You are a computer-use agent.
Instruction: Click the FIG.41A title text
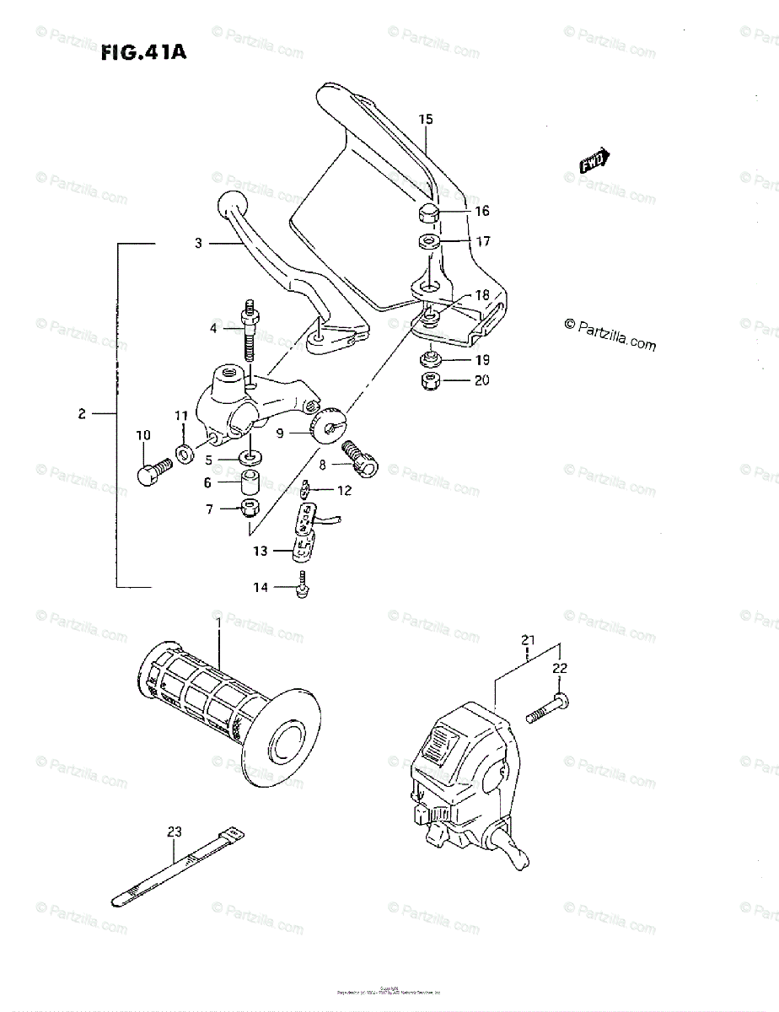point(143,54)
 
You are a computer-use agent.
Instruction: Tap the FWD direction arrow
point(595,161)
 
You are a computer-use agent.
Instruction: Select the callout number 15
point(425,120)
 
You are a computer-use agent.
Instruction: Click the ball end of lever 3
point(232,205)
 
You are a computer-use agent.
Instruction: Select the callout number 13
point(260,551)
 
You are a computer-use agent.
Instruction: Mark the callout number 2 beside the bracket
point(82,414)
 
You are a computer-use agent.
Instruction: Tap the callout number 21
point(527,641)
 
